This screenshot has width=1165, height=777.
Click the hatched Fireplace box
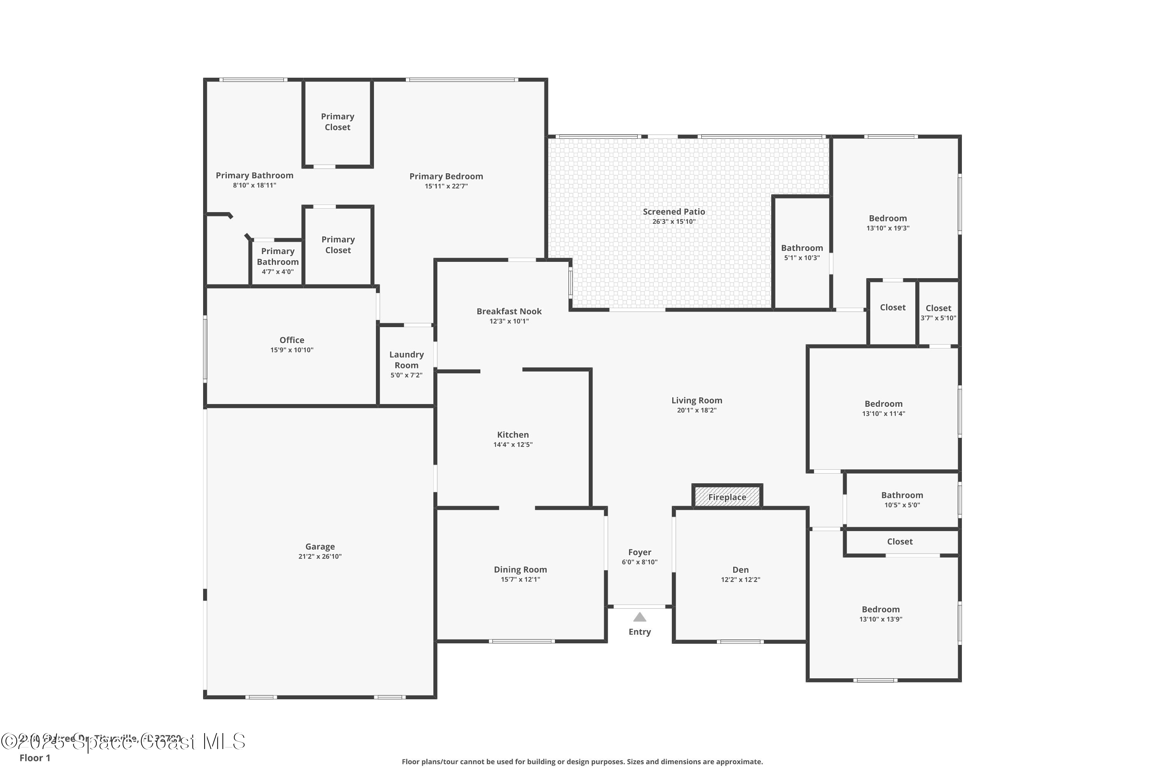[x=727, y=497]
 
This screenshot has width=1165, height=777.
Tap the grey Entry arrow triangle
[x=640, y=617]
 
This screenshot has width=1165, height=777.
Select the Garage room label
[x=320, y=546]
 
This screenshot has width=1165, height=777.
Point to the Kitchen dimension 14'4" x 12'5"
[x=513, y=444]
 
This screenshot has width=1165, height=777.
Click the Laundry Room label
[x=406, y=360]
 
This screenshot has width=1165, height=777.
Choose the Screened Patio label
[x=674, y=212]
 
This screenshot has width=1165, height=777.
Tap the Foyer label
[x=640, y=552]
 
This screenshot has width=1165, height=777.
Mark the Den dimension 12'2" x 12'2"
[x=740, y=579]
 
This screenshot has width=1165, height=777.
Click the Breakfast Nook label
[x=509, y=311]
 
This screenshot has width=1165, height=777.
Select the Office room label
[x=292, y=340]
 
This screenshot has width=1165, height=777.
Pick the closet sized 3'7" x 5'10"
[x=938, y=312]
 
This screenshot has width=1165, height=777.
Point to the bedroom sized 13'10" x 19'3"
[x=888, y=223]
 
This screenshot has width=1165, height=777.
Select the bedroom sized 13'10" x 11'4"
[x=883, y=408]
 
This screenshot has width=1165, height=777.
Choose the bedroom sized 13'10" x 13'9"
[x=880, y=613]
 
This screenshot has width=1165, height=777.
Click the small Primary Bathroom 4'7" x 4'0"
[x=277, y=261]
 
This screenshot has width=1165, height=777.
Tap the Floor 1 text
[x=35, y=758]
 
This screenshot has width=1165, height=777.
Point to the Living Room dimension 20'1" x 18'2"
[x=696, y=410]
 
